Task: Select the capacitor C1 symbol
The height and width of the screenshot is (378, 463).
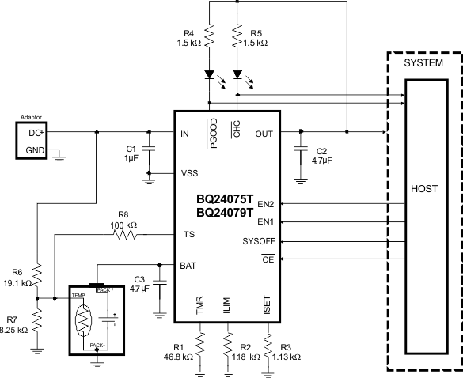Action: pos(149,148)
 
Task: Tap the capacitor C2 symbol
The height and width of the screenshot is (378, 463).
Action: pos(301,149)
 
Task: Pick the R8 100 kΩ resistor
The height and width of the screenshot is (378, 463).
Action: pos(123,234)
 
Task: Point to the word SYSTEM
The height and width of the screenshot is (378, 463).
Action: pos(423,62)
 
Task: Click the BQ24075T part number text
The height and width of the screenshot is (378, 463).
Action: pos(225,200)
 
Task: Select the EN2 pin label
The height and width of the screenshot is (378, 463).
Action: pos(266,204)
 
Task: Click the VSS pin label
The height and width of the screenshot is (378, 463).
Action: pos(189,172)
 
